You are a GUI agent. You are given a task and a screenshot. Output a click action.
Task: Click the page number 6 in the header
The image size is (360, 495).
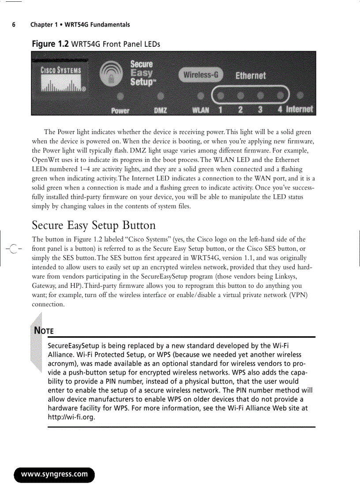14,25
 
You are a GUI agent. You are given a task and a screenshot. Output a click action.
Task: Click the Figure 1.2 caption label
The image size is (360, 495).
50,44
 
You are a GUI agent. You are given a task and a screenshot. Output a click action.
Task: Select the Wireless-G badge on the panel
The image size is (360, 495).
201,74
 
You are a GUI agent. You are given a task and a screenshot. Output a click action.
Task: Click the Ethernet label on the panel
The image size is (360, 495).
251,75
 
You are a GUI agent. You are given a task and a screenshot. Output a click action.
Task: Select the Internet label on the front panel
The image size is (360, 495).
300,109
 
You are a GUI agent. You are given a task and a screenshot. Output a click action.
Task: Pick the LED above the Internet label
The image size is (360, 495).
300,95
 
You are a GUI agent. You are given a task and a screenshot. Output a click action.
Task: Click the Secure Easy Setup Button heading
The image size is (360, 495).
94,225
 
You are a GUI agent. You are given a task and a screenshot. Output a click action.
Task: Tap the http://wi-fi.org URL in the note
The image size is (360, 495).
71,417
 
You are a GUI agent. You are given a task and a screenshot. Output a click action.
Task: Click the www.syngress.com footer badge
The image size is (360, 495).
55,474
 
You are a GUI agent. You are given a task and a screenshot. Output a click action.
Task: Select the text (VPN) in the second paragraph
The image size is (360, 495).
299,295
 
